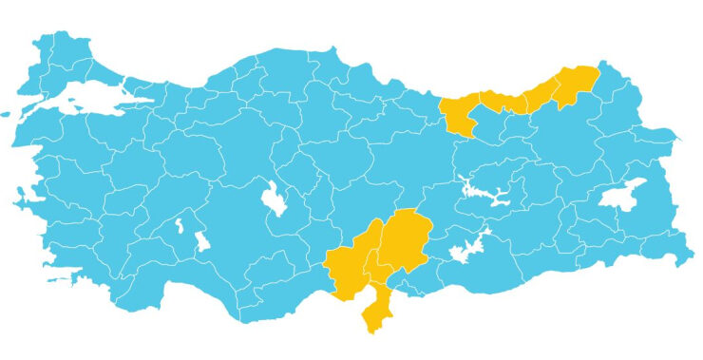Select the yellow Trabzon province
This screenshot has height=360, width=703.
[x=503, y=101]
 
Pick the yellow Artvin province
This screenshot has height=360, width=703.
[x=578, y=84]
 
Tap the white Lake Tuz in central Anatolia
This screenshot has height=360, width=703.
[x=275, y=199]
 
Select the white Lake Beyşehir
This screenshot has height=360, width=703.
[x=201, y=241]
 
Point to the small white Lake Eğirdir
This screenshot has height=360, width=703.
[x=180, y=226]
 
